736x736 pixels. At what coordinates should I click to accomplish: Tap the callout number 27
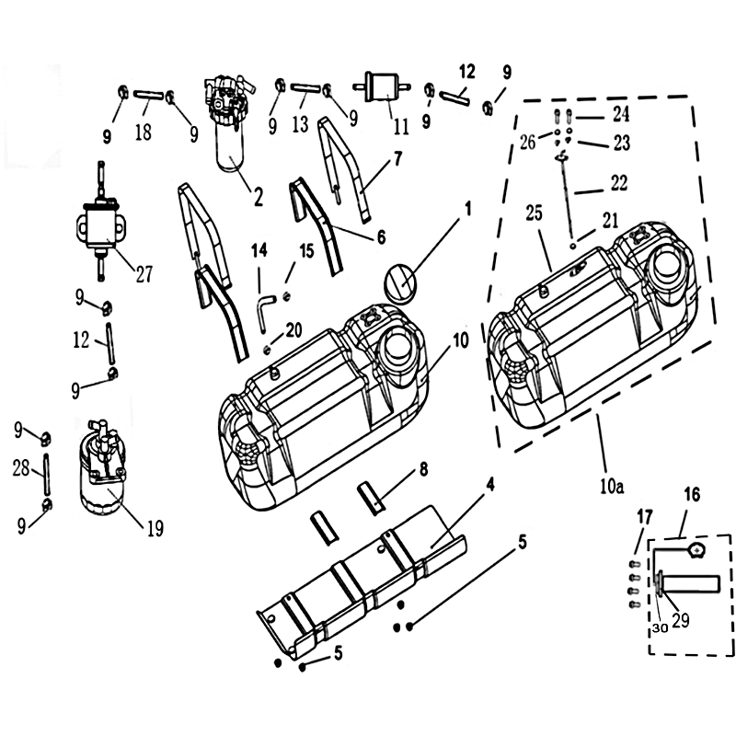[144, 273]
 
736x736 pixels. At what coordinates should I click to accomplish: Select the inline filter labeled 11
[383, 86]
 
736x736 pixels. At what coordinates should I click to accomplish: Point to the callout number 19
[155, 528]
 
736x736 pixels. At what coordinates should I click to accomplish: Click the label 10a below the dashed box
[612, 487]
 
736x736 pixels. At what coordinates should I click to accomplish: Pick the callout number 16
[692, 494]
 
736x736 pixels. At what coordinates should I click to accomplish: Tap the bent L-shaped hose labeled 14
[265, 313]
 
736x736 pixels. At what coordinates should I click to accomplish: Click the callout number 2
[259, 197]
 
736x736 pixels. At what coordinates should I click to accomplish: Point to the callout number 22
[618, 182]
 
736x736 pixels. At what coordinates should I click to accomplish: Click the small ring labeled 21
[573, 246]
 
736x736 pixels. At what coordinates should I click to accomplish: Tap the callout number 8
[423, 468]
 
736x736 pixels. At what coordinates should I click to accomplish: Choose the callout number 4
[489, 484]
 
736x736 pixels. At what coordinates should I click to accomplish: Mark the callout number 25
[535, 213]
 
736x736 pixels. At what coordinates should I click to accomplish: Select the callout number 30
[660, 628]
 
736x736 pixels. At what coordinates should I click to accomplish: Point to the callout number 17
[645, 517]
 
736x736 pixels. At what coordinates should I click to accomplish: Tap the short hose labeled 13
[305, 87]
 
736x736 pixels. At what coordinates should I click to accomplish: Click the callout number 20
[293, 330]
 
